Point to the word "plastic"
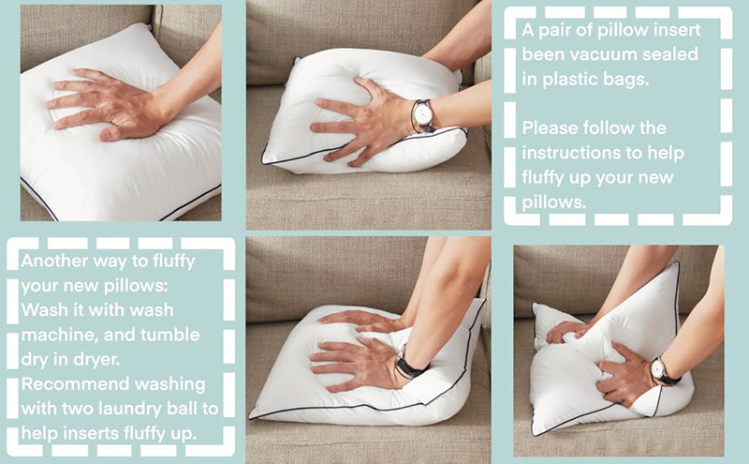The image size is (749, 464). tap(572, 80)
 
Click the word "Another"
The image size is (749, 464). tap(54, 262)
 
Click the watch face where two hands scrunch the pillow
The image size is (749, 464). tap(658, 368)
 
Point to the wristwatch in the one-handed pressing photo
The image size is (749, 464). tap(422, 116)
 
